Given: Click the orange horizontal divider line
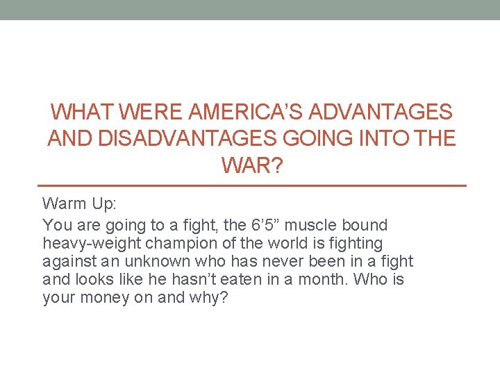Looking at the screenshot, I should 251,186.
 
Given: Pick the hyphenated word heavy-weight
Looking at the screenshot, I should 85,243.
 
